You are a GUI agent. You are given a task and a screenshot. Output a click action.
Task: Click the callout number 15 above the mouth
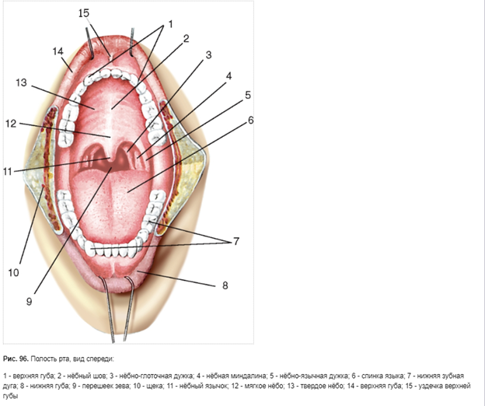point(84,13)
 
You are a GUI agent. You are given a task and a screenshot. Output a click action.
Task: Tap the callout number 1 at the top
point(170,24)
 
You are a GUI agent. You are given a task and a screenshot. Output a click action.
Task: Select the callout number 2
point(187,38)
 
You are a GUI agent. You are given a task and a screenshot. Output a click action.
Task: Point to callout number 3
point(208,55)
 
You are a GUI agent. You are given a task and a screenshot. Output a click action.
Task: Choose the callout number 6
point(250,120)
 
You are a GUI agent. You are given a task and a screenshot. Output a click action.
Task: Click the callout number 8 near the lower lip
point(226,285)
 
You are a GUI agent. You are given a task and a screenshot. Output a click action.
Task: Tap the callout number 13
point(21,82)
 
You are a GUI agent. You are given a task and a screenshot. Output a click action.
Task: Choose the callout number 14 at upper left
point(58,51)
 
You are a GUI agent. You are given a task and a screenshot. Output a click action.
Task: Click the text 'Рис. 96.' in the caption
point(16,359)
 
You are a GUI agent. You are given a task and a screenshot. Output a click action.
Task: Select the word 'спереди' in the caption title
point(98,359)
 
